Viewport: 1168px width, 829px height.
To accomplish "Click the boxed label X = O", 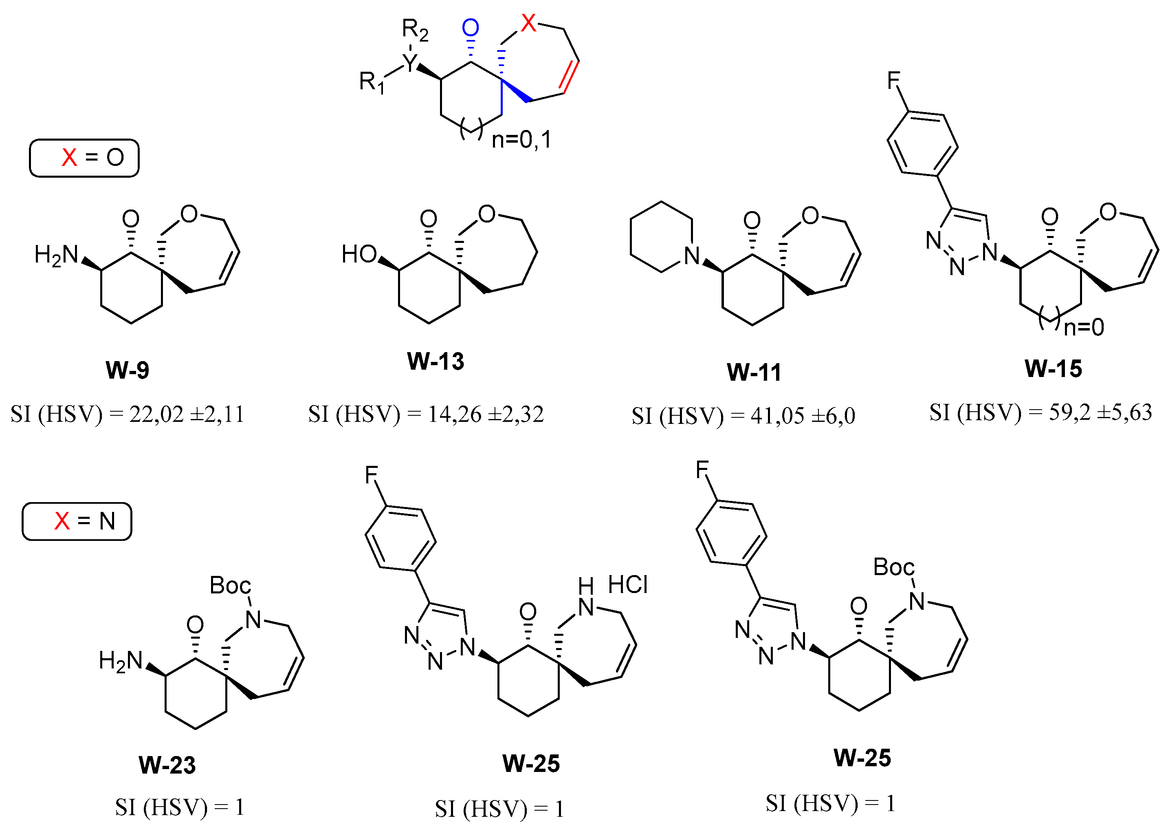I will click(84, 158).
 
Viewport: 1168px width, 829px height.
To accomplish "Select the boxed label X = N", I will click(77, 521).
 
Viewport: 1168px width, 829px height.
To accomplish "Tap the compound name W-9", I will click(127, 370).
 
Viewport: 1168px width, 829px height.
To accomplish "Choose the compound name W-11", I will click(754, 372).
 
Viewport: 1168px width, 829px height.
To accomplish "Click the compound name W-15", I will click(1053, 368).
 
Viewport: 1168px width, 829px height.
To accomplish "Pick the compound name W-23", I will click(167, 765).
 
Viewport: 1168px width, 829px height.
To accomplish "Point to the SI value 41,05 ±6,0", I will click(803, 416).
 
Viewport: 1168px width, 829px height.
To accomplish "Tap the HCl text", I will click(628, 584).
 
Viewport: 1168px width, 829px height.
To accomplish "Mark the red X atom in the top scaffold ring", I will click(529, 23).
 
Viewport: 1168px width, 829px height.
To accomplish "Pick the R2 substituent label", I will click(415, 30).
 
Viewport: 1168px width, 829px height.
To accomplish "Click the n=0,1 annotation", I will click(521, 139).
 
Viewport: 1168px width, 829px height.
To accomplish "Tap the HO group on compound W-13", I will click(359, 254).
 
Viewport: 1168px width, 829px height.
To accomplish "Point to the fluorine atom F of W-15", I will click(893, 80).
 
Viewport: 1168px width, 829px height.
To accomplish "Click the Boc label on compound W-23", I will click(230, 586).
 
